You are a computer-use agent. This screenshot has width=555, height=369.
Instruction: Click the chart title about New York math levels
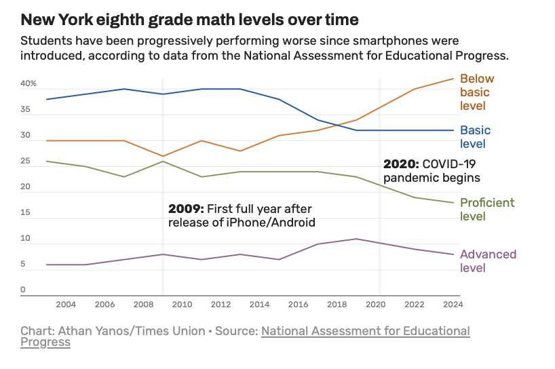pos(190,19)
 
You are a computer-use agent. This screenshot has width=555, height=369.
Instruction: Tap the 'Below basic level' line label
pos(477,92)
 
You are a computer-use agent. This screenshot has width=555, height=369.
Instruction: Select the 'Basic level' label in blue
pos(475,137)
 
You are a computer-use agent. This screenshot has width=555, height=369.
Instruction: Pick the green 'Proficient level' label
pos(487,210)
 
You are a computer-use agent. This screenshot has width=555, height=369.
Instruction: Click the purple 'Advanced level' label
pos(488,261)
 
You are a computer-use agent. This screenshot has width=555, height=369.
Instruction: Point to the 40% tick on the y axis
pos(28,84)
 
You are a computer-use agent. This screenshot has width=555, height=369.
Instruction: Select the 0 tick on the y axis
pos(22,290)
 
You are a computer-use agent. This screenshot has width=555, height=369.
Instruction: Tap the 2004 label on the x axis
pos(66,305)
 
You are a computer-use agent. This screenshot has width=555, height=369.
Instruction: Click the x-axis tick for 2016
pos(299,305)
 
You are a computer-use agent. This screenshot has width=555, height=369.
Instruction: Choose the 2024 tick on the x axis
pos(453,305)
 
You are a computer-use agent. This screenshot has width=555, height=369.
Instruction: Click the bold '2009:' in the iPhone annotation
pos(186,209)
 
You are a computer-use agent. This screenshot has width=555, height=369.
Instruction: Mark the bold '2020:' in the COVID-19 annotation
pos(401,164)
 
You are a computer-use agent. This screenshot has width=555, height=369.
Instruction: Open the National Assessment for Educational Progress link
pos(365,331)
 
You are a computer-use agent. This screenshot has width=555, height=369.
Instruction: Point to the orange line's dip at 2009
pos(163,156)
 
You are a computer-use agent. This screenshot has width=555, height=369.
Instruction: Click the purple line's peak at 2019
pos(357,239)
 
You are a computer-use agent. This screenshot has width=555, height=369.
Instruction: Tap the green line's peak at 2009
pos(163,161)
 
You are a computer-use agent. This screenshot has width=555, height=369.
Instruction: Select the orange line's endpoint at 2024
pos(453,79)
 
